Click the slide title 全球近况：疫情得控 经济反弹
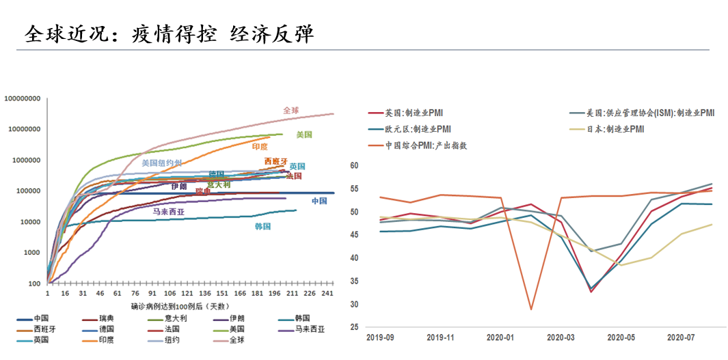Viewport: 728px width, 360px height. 169,34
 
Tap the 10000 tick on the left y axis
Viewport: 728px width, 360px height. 30,222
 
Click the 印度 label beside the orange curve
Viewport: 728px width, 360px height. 260,147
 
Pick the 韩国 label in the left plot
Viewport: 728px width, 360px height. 263,226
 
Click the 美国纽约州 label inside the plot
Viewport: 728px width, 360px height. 162,163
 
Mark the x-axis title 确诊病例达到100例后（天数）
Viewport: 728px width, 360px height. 179,307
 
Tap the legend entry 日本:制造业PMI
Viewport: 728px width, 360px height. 615,128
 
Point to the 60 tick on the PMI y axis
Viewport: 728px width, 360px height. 354,165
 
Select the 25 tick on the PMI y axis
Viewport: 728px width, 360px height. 354,327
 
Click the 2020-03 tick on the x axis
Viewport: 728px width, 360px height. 560,337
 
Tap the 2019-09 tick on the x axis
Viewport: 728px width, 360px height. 380,337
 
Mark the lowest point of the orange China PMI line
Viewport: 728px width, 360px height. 530,309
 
